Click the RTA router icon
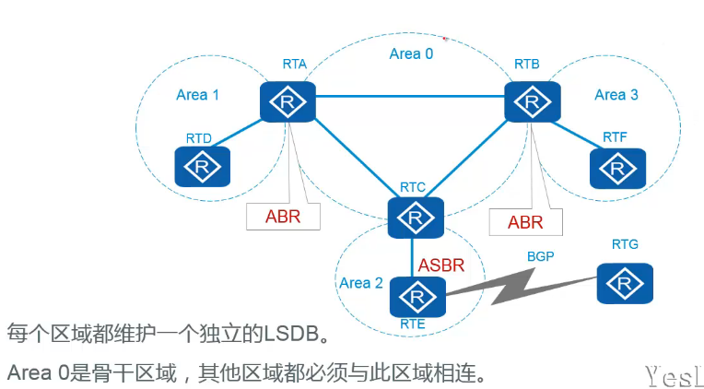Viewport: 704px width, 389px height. pos(287,100)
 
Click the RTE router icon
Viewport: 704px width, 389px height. pos(417,296)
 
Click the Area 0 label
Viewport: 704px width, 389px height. pos(411,53)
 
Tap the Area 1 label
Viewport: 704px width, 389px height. pos(197,95)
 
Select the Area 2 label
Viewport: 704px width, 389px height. pos(361,282)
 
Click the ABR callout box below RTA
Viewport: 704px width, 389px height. pos(282,218)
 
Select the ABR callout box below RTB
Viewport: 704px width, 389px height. pos(525,222)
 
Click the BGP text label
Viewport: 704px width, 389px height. pos(540,256)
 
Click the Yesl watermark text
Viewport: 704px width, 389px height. pos(673,372)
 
